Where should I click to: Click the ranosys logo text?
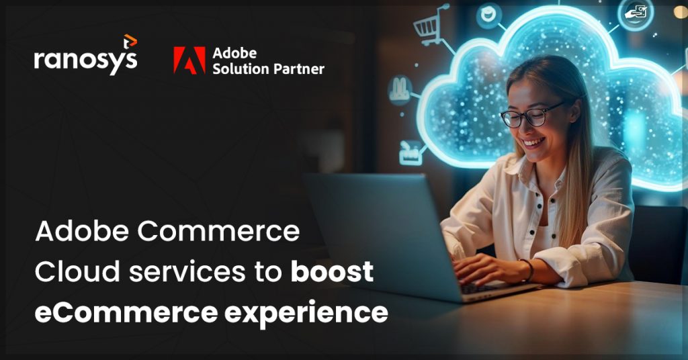click(x=85, y=60)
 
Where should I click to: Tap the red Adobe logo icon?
click(x=189, y=60)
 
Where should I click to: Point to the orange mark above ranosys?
click(x=130, y=42)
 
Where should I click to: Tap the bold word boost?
click(x=332, y=272)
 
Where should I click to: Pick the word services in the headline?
click(x=206, y=272)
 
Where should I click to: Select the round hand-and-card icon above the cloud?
click(x=635, y=14)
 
